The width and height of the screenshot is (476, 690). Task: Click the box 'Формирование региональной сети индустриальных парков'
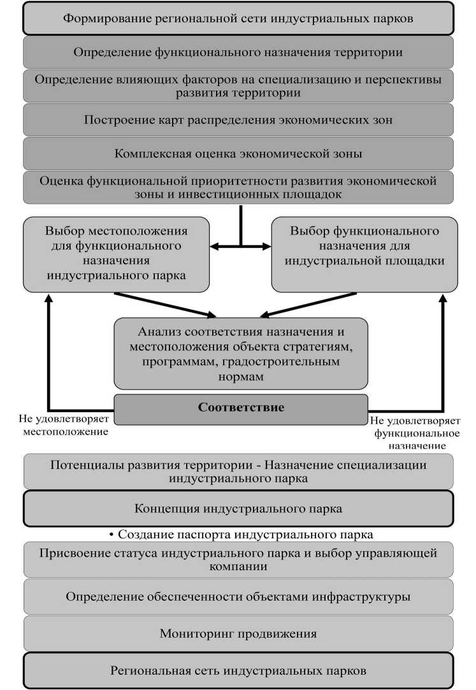(238, 18)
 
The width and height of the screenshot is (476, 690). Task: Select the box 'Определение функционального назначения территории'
(238, 52)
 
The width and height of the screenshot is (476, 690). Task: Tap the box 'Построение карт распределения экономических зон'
(238, 119)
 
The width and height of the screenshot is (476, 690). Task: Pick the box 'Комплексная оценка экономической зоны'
(238, 153)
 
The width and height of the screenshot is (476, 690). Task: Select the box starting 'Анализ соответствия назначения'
(241, 353)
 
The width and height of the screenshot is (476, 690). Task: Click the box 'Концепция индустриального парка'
(238, 508)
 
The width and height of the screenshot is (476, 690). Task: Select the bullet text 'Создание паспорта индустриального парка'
(241, 534)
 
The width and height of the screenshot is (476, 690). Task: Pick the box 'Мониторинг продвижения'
(238, 633)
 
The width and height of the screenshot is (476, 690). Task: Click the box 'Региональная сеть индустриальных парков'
(238, 670)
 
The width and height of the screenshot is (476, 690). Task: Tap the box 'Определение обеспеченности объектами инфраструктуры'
(238, 596)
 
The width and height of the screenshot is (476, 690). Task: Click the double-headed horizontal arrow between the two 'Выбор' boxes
(241, 246)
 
